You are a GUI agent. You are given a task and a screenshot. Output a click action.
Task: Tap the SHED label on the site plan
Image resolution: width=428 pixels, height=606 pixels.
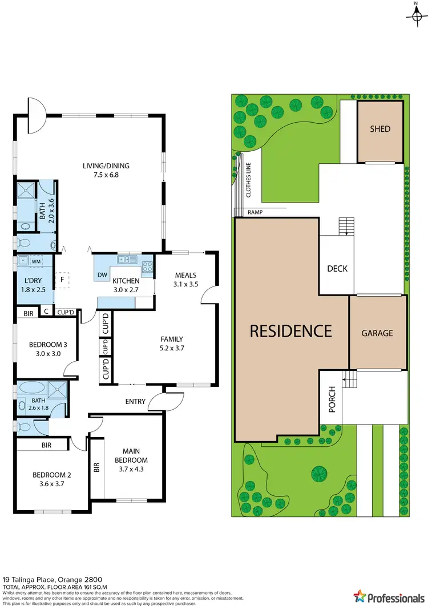[x=379, y=129]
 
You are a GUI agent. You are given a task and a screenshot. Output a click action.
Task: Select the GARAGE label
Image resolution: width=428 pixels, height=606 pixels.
[x=377, y=333]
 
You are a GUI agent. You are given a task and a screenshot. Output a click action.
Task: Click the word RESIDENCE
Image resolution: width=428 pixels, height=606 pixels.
[x=290, y=330]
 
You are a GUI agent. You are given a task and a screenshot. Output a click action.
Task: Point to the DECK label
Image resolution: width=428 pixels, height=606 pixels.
[x=337, y=269]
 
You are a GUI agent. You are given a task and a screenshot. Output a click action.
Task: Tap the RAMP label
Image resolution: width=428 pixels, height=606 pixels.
[x=255, y=212]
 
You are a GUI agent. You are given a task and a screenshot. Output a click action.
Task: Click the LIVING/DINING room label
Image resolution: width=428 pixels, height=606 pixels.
[x=106, y=166]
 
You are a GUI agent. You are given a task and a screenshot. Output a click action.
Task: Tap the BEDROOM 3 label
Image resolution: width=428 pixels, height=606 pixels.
[x=48, y=344]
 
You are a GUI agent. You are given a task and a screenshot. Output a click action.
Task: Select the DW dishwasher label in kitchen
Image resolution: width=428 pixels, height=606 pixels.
[x=103, y=275]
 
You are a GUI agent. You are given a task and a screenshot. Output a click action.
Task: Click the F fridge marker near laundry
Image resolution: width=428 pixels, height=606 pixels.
[x=62, y=280]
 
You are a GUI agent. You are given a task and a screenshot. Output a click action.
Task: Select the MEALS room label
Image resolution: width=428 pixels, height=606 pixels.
[x=185, y=274]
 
